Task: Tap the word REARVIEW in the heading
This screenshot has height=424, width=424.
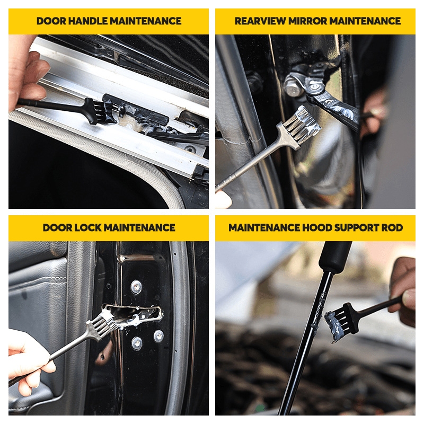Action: (260, 21)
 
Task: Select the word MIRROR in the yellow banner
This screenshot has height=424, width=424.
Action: (307, 21)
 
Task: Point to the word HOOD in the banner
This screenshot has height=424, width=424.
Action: (316, 228)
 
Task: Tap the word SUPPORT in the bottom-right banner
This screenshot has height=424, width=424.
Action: (356, 228)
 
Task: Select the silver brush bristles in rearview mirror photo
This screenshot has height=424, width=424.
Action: (302, 122)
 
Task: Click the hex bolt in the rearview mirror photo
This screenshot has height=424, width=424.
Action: (292, 86)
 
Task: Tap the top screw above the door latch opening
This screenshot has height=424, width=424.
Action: (136, 287)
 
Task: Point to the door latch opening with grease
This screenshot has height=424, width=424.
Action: (133, 314)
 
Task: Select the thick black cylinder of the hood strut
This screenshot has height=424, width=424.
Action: (335, 257)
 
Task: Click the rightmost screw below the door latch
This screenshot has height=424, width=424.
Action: (158, 336)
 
